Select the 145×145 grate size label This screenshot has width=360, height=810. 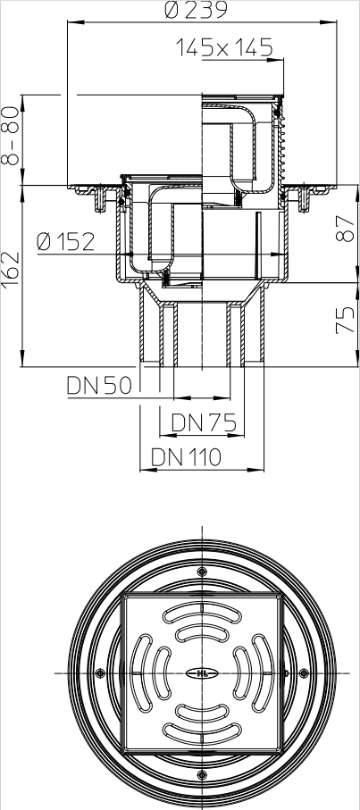[x=224, y=48]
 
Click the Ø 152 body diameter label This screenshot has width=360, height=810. [x=66, y=241]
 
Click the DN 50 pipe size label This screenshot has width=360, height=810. [x=98, y=386]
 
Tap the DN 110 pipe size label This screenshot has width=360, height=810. [x=186, y=457]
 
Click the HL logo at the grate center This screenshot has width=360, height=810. [x=202, y=673]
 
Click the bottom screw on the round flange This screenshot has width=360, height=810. [x=202, y=774]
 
